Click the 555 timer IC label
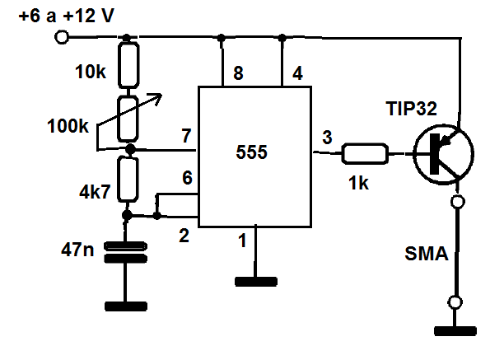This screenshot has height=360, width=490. (251, 152)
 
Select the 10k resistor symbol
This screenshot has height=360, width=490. (128, 65)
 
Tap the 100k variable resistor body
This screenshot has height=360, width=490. (128, 119)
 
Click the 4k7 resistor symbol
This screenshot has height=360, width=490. (128, 180)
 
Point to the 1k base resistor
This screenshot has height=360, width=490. (365, 154)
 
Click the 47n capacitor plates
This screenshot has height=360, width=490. (125, 252)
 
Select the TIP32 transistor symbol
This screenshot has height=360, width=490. (443, 154)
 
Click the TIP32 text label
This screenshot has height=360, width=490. (411, 109)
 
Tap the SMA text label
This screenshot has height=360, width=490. (427, 254)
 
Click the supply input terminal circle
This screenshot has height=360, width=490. (62, 38)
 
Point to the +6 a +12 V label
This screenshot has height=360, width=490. (67, 16)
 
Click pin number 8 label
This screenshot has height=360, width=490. (238, 73)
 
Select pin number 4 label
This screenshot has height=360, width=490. (297, 73)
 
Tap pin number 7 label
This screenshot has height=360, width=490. (187, 136)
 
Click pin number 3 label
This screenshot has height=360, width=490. (327, 138)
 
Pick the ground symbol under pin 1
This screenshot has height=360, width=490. (256, 282)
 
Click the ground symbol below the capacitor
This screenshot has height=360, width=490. (126, 306)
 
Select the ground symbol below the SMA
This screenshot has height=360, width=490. (455, 331)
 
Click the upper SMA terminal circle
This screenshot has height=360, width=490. (458, 202)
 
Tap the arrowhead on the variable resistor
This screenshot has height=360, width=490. (156, 98)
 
